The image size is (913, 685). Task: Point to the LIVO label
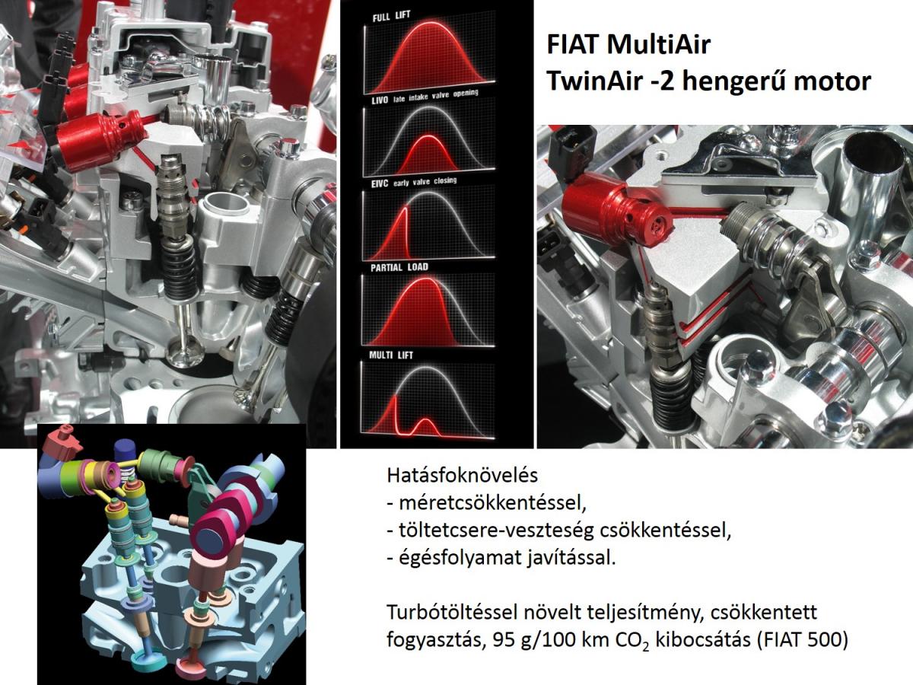380,100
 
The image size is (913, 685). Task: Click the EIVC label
380,184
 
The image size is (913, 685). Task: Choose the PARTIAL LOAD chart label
399,267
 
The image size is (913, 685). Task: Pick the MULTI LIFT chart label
391,355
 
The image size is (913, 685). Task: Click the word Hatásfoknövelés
462,476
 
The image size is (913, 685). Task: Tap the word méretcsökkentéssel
492,504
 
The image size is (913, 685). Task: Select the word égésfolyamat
460,558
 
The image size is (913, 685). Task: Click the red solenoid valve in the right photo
616,212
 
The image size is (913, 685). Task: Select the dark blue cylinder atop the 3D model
126,451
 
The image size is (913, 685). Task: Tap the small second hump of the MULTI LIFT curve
425,427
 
